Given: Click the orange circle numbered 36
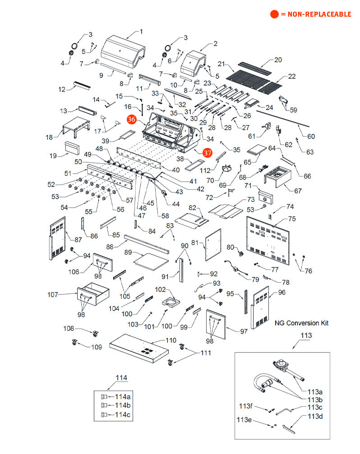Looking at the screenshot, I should click(132, 119).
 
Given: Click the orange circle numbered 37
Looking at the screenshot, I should click(207, 153).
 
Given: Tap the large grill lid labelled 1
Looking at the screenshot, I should click(122, 52).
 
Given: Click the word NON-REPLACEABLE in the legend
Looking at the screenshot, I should click(316, 14).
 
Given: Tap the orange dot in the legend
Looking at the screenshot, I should click(274, 14).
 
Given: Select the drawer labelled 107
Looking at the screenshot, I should click(94, 295).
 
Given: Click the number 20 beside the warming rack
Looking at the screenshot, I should click(278, 60).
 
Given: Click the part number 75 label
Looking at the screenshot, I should click(292, 219).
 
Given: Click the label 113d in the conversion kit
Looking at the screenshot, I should click(315, 416).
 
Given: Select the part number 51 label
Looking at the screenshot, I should click(68, 173).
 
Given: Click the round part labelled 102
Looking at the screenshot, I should click(171, 301).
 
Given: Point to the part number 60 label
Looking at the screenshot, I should click(311, 137).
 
